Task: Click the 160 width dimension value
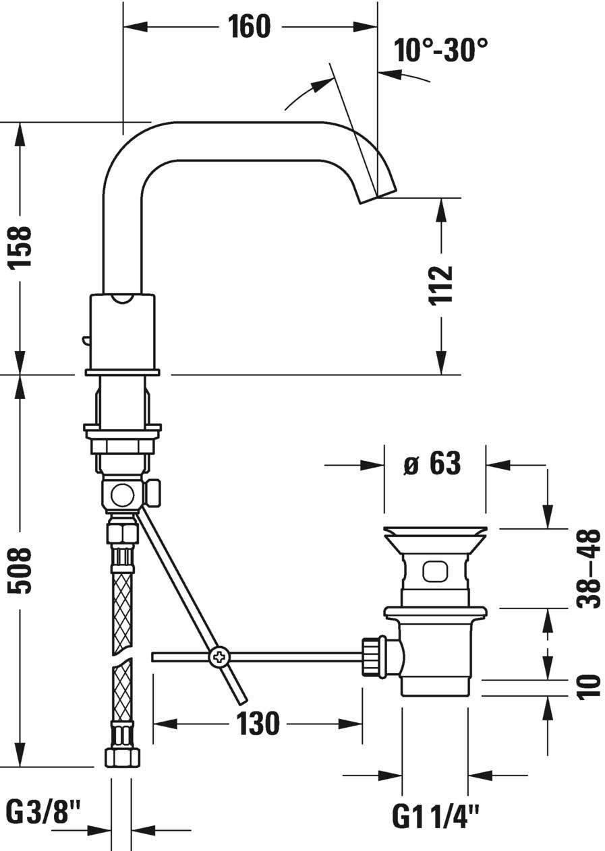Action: coord(248,27)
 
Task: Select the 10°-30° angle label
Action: coord(441,50)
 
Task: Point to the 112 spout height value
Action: coord(441,286)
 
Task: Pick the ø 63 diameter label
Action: coord(432,464)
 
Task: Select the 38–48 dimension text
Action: coord(588,569)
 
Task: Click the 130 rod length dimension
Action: coord(257,724)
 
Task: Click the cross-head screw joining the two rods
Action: coord(219,656)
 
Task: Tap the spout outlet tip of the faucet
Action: coord(376,196)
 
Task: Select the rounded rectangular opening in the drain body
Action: coord(434,571)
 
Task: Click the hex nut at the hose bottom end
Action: coord(122,756)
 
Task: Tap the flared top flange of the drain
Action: coord(434,536)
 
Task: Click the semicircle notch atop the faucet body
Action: coord(122,298)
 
